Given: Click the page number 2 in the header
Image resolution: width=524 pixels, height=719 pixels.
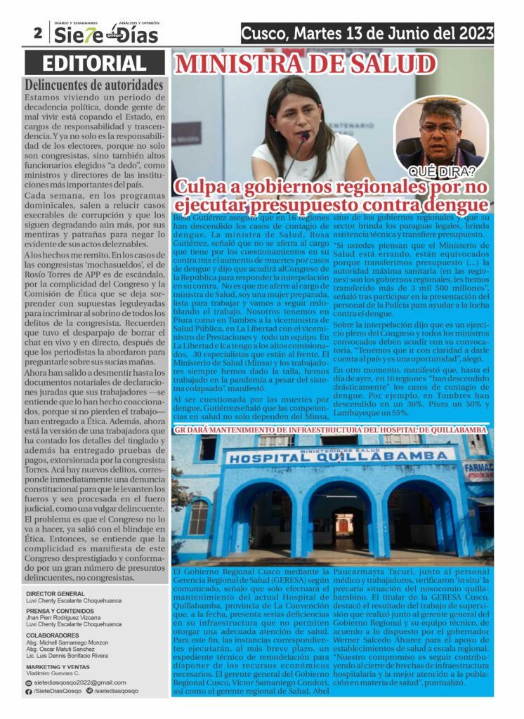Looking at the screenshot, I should tap(37, 32).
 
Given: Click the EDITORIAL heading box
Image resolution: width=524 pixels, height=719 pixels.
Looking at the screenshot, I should tap(95, 63).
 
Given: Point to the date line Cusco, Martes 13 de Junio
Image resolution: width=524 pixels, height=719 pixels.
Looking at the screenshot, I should tap(367, 33).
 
